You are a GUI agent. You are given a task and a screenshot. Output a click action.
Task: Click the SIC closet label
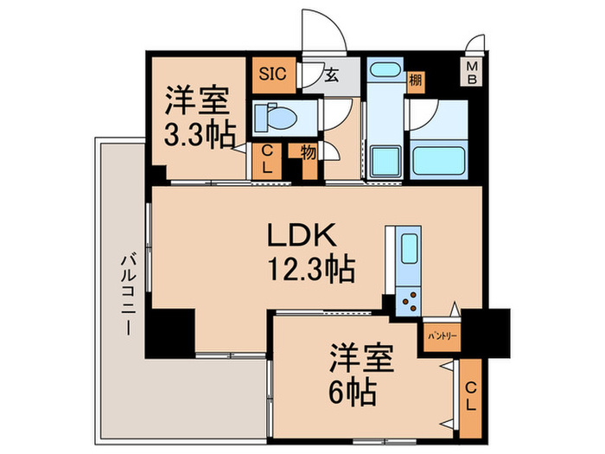pos(267,74)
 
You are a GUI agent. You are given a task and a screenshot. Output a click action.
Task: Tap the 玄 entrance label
pos(331,75)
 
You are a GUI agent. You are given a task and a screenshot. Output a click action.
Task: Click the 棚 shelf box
pos(417,80)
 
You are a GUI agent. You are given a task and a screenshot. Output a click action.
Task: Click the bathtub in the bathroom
pos(439,160)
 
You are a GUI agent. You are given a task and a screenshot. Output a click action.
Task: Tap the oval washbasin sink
pos(382,70)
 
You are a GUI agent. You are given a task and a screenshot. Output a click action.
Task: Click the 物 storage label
pos(309,152)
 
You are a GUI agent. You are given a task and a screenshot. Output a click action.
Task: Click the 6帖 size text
pos(350,393)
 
